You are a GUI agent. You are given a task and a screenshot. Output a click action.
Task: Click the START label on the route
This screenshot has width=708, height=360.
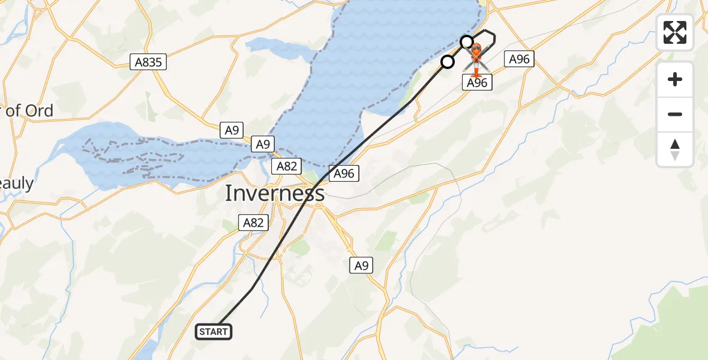tap(214, 331)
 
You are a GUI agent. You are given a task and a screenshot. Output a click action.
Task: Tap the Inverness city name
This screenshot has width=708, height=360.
tap(275, 193)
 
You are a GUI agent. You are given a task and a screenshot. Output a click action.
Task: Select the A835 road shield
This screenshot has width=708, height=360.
tap(148, 62)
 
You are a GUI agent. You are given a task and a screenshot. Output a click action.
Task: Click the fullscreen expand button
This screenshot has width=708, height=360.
tap(675, 32)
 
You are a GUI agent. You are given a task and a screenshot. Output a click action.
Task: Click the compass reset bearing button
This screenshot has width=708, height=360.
tap(675, 149)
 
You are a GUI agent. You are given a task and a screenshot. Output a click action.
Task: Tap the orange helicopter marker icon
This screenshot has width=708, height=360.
tap(476, 58)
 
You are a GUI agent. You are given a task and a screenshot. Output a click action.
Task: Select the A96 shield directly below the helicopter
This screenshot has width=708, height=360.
tap(477, 83)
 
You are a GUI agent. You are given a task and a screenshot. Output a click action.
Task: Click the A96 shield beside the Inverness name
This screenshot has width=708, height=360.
tap(344, 174)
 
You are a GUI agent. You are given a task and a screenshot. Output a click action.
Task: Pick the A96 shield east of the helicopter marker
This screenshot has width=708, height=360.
tap(519, 59)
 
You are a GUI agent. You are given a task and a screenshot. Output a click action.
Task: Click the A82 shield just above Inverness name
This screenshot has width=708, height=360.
tap(287, 166)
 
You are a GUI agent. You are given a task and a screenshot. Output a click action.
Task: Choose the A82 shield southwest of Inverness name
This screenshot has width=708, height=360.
tap(253, 223)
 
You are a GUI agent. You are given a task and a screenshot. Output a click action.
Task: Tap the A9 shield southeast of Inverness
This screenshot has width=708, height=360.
tap(361, 265)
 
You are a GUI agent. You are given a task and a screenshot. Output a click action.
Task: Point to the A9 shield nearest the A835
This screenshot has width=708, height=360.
tap(232, 130)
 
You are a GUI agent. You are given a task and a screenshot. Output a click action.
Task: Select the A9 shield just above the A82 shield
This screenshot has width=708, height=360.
tap(263, 144)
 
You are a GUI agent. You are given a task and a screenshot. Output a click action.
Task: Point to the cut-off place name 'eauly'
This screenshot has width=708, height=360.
tap(17, 184)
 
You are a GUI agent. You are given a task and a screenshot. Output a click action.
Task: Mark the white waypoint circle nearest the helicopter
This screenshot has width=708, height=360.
tap(467, 41)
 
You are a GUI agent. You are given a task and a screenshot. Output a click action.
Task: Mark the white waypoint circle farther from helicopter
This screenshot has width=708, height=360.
tap(447, 62)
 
